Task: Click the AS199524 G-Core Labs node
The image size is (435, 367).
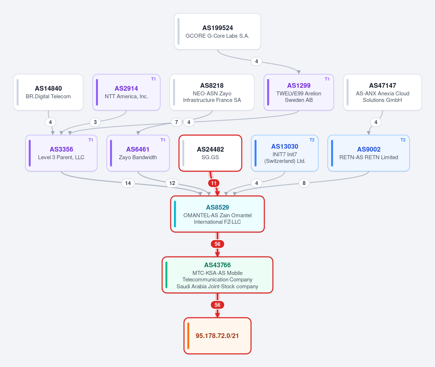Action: [x=217, y=32]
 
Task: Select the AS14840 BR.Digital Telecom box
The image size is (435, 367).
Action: [x=48, y=92]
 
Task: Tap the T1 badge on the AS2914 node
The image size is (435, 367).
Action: [x=153, y=79]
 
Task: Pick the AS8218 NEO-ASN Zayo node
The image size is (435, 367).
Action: [x=212, y=92]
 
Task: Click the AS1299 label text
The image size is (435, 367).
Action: [x=299, y=86]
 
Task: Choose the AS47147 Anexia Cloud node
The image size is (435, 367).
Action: [x=382, y=92]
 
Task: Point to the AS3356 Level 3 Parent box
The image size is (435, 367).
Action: [x=61, y=153]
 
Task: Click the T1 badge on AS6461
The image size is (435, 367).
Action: [x=163, y=140]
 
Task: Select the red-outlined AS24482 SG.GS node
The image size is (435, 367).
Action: [x=210, y=153]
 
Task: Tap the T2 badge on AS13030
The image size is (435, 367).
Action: [x=312, y=140]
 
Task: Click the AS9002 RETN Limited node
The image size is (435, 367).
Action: [x=369, y=153]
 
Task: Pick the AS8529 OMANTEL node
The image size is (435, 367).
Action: [x=217, y=214]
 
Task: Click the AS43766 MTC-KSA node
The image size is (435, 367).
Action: [x=217, y=275]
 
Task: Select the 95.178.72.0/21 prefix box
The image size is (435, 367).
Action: [x=217, y=336]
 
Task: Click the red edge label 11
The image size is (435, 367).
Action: [x=214, y=183]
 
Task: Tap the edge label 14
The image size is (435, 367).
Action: [x=128, y=183]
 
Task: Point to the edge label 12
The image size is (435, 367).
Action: [x=172, y=183]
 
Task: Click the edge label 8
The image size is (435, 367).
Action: [x=304, y=183]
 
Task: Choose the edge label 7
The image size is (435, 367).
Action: [x=177, y=122]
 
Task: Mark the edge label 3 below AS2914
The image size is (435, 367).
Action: [x=95, y=122]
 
